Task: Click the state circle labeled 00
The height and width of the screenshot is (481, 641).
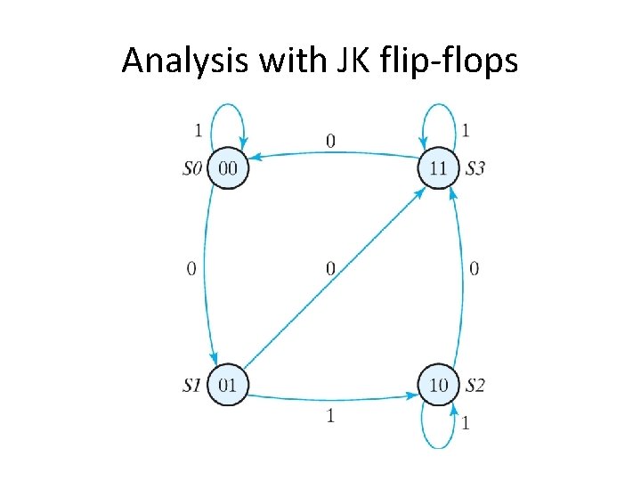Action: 227,168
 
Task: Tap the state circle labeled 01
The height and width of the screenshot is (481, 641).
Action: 227,385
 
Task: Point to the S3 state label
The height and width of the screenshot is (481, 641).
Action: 475,168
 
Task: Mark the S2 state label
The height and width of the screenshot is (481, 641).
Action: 475,386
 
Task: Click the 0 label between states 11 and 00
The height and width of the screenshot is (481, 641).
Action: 331,141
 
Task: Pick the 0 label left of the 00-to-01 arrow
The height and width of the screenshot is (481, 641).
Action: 191,267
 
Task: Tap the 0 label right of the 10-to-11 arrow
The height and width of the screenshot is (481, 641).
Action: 474,267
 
